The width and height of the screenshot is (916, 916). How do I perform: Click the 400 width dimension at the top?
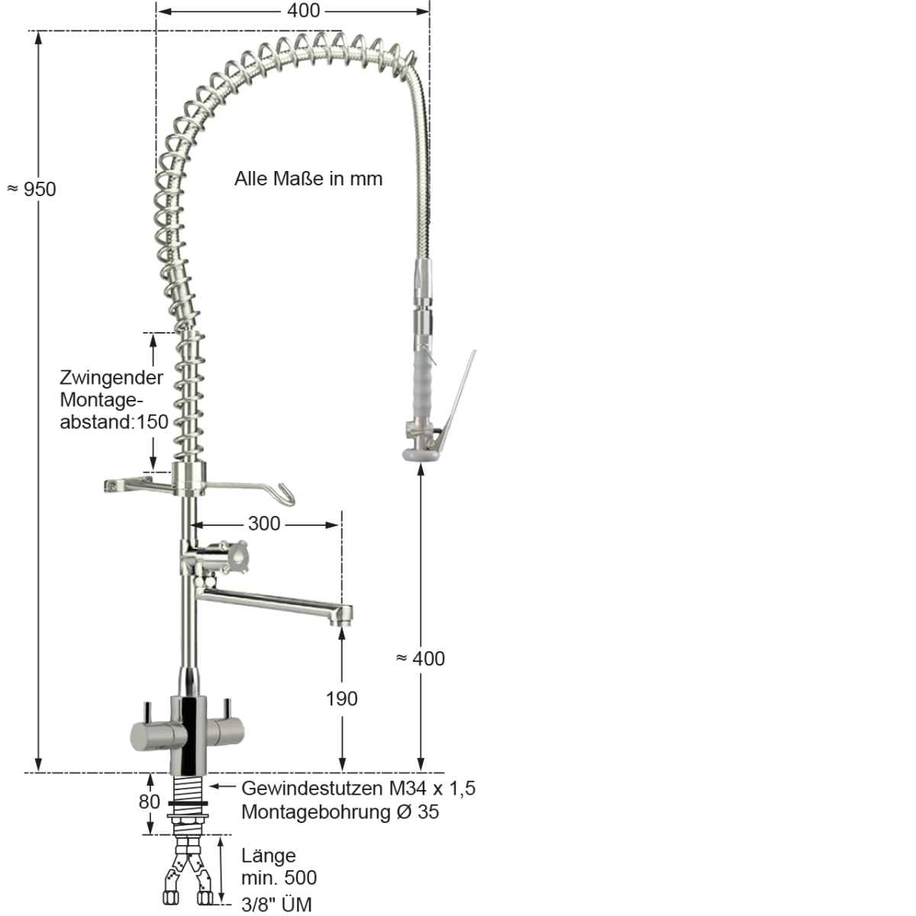coord(304,11)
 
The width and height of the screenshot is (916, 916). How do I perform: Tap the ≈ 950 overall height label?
coord(32,189)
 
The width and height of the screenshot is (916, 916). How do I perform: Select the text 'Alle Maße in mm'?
coord(308,179)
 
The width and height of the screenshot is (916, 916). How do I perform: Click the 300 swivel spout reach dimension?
coord(264,524)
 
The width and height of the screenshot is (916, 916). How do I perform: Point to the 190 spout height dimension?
coord(341,698)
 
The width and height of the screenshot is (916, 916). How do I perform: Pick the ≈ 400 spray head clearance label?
coord(421,658)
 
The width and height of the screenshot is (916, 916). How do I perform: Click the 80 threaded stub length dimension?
coord(150,802)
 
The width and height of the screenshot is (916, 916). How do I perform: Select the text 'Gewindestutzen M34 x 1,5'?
coord(358,788)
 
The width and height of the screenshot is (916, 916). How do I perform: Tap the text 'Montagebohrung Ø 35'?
coord(340,811)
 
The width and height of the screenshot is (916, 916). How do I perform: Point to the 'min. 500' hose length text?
coord(279,879)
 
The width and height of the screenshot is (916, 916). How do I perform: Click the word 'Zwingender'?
coord(111,378)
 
